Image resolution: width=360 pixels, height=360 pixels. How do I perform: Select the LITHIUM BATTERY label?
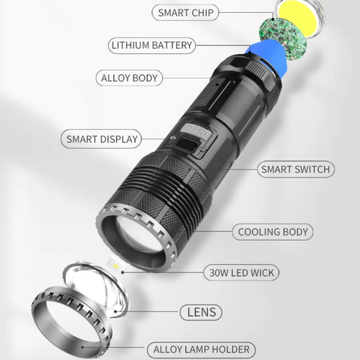click(152, 46)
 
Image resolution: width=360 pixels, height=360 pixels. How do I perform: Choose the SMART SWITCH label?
click(295, 169)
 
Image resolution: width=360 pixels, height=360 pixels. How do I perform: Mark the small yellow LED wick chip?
click(115, 267)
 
